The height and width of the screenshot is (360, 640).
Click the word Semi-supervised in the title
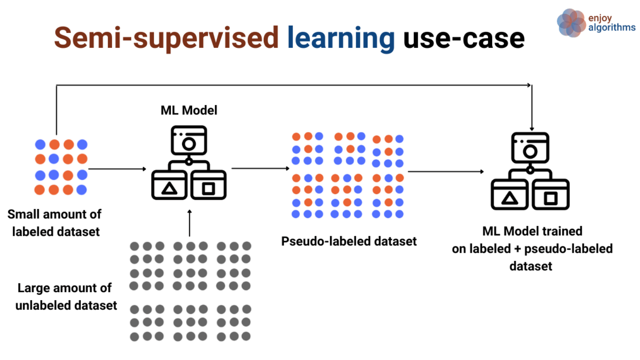166,38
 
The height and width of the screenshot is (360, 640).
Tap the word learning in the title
341,38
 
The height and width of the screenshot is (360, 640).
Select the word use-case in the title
464,38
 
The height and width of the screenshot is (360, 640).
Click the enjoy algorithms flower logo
571,23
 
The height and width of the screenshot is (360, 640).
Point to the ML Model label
189,110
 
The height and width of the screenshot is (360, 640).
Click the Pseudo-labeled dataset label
348,241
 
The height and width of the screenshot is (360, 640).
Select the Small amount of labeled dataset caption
55,223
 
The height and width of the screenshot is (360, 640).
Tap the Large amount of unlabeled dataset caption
66,297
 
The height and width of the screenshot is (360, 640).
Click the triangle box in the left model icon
169,186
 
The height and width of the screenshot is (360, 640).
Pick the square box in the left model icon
209,186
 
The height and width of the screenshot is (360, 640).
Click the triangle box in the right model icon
509,196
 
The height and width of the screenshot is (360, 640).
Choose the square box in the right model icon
550,196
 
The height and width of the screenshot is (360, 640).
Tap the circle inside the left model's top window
189,144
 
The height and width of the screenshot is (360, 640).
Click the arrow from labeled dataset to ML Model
117,169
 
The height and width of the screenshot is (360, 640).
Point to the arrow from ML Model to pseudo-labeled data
260,168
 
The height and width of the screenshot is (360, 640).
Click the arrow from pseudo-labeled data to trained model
445,172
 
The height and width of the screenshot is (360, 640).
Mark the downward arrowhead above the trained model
532,128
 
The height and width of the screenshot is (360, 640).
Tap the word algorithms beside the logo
612,28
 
